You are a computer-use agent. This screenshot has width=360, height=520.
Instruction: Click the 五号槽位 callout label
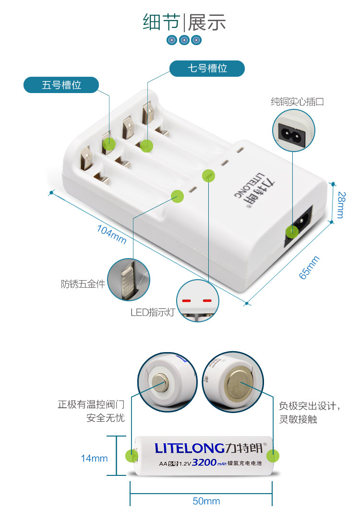[x=61, y=85]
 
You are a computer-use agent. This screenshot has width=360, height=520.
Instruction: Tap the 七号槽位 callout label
[x=207, y=69]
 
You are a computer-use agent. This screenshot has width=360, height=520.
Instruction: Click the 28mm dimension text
[x=341, y=205]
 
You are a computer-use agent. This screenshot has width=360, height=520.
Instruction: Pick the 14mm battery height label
[x=94, y=459]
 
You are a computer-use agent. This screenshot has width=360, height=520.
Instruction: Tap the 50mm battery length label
[x=206, y=501]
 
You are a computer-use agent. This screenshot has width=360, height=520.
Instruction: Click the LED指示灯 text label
[x=153, y=313]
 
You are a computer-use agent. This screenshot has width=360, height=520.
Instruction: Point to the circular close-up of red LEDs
[x=197, y=301]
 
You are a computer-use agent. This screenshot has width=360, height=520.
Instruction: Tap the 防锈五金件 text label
[x=83, y=284]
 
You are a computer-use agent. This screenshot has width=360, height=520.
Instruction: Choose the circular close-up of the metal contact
[x=128, y=280]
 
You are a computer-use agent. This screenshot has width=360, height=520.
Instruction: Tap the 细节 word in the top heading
[x=161, y=23]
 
